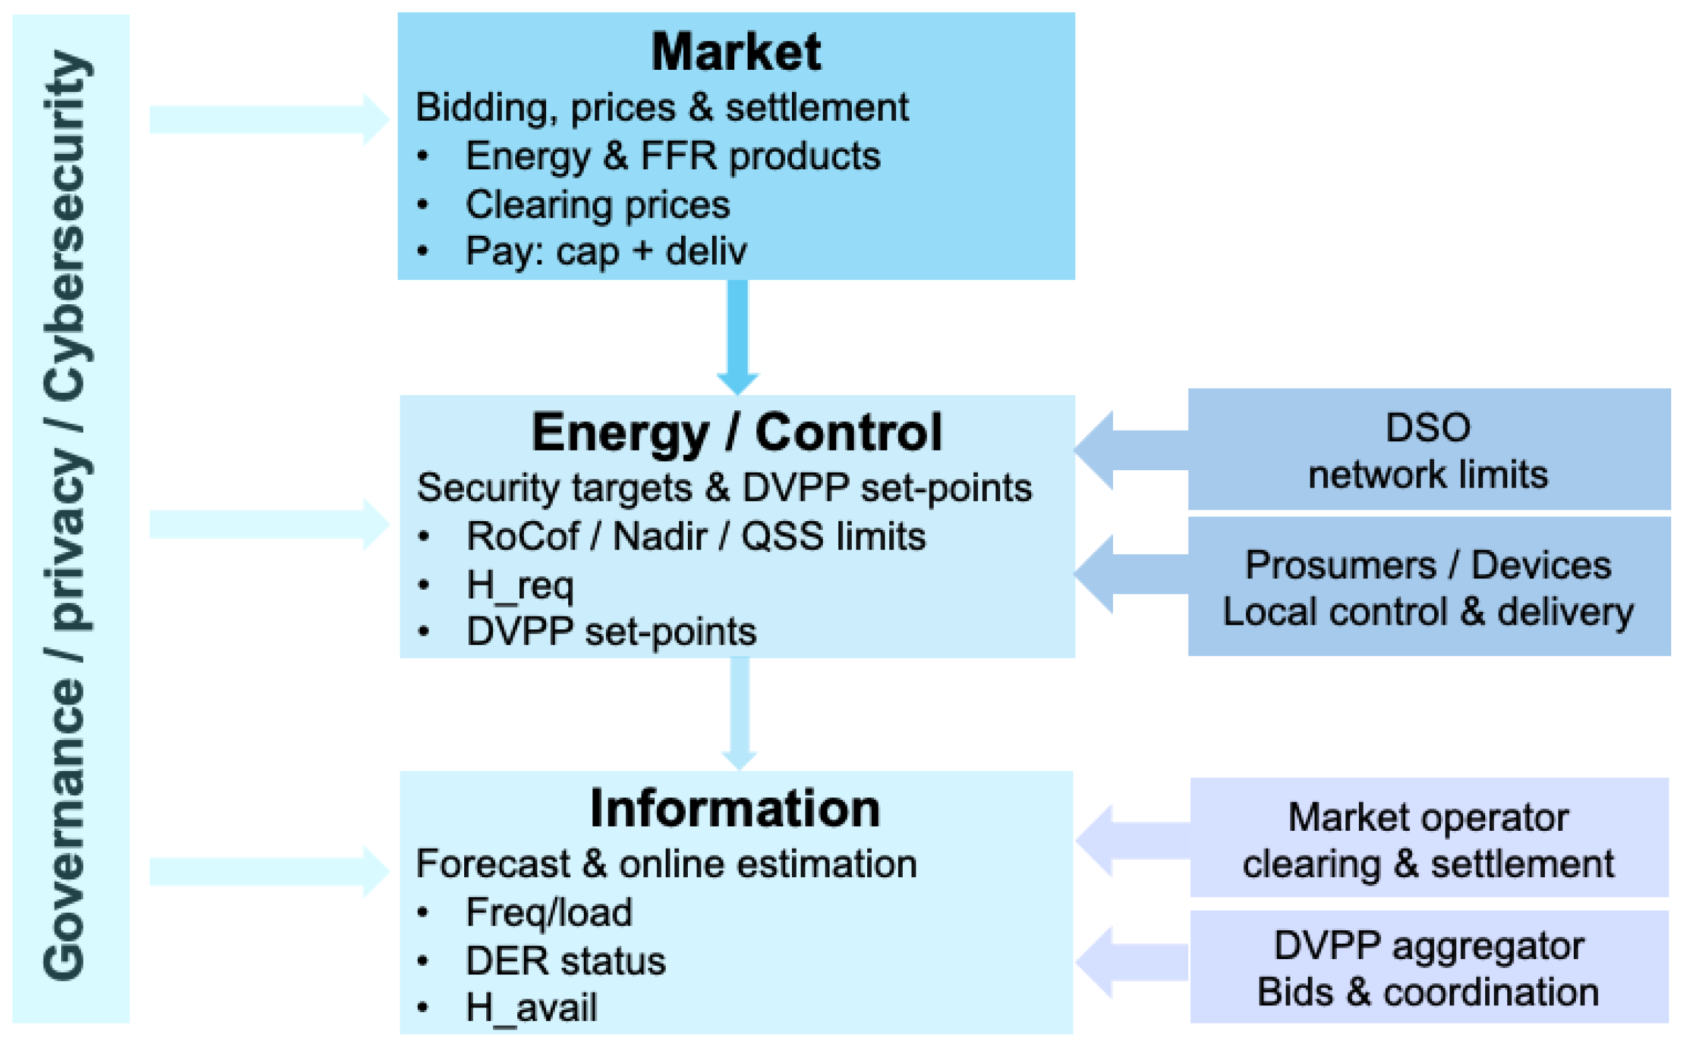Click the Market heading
pyautogui.click(x=736, y=52)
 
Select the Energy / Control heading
pyautogui.click(x=736, y=433)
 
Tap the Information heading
pyautogui.click(x=735, y=809)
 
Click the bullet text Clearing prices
pyautogui.click(x=598, y=205)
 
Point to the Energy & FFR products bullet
pyautogui.click(x=672, y=156)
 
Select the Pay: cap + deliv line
pyautogui.click(x=606, y=251)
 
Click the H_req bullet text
pyautogui.click(x=520, y=586)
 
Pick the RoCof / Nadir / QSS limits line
pyautogui.click(x=696, y=536)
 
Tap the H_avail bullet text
pyautogui.click(x=531, y=1008)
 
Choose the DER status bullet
pyautogui.click(x=566, y=960)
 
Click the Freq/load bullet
pyautogui.click(x=549, y=912)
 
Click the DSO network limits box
pyautogui.click(x=1429, y=449)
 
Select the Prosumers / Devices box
pyautogui.click(x=1429, y=586)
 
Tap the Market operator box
pyautogui.click(x=1429, y=838)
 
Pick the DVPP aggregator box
pyautogui.click(x=1429, y=966)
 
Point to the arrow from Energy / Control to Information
pyautogui.click(x=740, y=714)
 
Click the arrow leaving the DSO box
pyautogui.click(x=1131, y=450)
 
